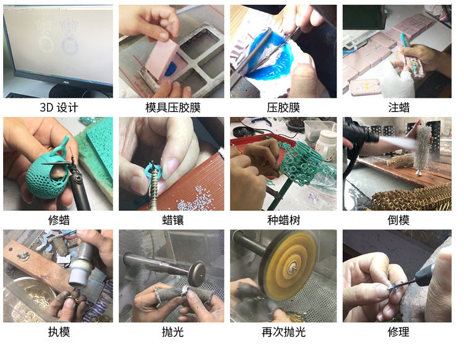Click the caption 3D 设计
(59, 108)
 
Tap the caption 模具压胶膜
(173, 108)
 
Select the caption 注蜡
(398, 108)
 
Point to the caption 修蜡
(59, 220)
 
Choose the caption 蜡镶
(173, 220)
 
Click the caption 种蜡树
(283, 220)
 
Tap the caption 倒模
(398, 220)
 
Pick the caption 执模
(59, 332)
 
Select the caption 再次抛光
(283, 332)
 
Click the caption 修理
(398, 332)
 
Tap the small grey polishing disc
(197, 273)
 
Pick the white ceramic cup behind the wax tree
(326, 144)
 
